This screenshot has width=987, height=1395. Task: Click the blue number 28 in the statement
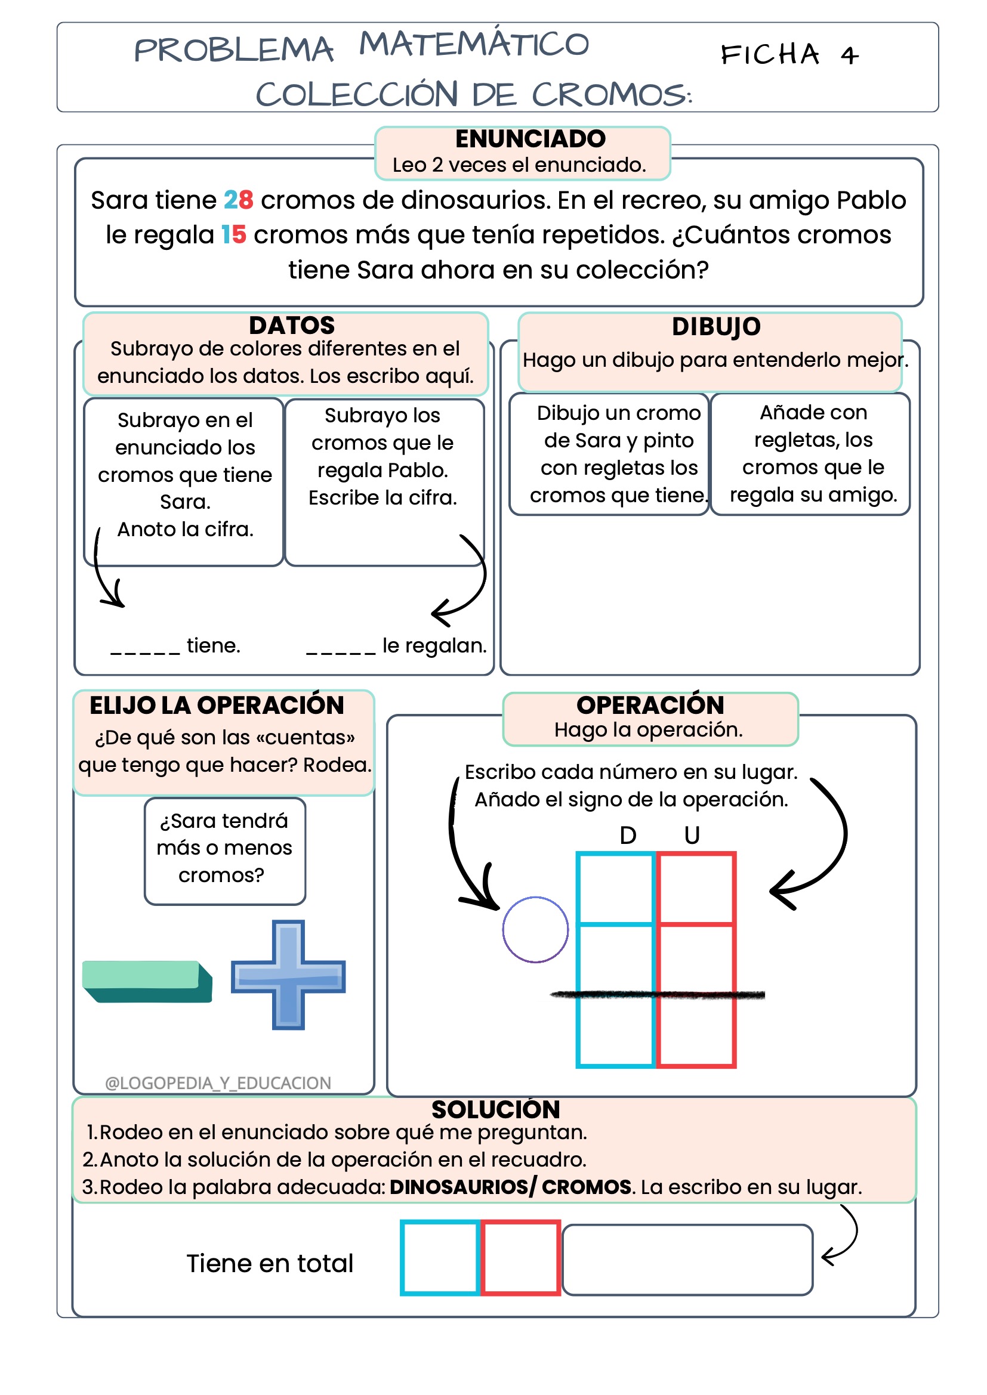point(238,200)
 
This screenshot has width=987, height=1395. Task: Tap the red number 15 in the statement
point(233,234)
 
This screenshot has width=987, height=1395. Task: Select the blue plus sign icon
point(288,975)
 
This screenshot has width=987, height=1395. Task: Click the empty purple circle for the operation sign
point(535,929)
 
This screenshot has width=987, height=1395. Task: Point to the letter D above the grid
point(628,836)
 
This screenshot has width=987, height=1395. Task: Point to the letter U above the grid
point(692,836)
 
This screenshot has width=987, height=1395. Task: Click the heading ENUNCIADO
point(530,139)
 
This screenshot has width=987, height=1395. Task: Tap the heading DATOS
point(292,326)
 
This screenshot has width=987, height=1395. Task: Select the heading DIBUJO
point(716,327)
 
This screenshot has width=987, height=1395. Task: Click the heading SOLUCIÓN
point(495,1109)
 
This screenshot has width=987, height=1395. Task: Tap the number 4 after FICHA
point(850,56)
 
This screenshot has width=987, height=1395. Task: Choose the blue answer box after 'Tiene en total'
point(440,1257)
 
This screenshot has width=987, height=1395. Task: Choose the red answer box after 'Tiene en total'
point(521,1257)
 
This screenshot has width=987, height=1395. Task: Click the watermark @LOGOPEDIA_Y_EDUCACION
point(218,1082)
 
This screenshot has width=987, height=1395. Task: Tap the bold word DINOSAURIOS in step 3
point(459,1187)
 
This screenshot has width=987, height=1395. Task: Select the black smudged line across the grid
point(656,995)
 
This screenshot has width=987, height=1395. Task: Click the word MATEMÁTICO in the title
point(474,44)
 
